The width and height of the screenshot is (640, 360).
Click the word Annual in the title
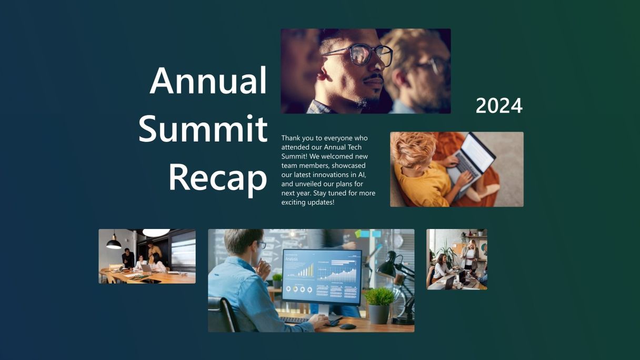click(x=208, y=81)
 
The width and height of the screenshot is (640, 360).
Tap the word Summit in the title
click(x=203, y=128)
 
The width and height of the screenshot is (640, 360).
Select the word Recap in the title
click(x=218, y=178)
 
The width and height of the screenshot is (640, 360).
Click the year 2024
click(x=499, y=106)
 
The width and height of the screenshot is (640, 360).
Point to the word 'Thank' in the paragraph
click(x=291, y=138)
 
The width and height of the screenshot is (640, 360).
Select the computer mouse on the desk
click(x=347, y=326)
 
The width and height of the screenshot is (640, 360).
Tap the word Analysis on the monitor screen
click(x=292, y=259)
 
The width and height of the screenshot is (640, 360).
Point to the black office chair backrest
click(x=222, y=314)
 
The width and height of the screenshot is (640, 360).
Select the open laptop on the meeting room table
click(x=146, y=268)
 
